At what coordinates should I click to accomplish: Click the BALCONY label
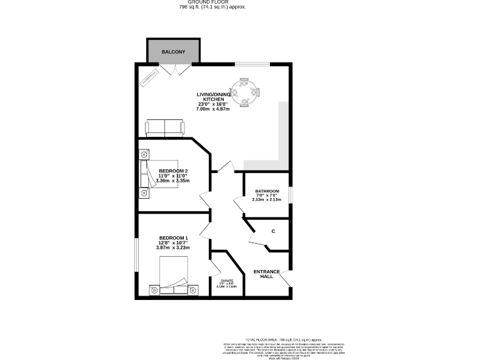pyautogui.click(x=173, y=51)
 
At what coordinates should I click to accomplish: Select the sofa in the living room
pyautogui.click(x=165, y=128)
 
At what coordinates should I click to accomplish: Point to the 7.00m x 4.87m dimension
pyautogui.click(x=214, y=109)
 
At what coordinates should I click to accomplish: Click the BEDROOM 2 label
pyautogui.click(x=173, y=171)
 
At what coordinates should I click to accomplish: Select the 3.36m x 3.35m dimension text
pyautogui.click(x=173, y=181)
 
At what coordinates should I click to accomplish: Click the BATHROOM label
pyautogui.click(x=267, y=191)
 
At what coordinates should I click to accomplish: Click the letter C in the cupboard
pyautogui.click(x=273, y=232)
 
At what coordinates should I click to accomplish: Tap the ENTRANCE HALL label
pyautogui.click(x=267, y=274)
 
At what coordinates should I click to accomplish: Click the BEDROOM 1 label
pyautogui.click(x=173, y=238)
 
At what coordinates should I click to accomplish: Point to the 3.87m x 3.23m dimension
pyautogui.click(x=173, y=248)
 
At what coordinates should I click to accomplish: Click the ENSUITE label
pyautogui.click(x=226, y=281)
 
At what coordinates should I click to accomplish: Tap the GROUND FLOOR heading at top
pyautogui.click(x=212, y=2)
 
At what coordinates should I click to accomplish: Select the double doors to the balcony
pyautogui.click(x=173, y=69)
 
